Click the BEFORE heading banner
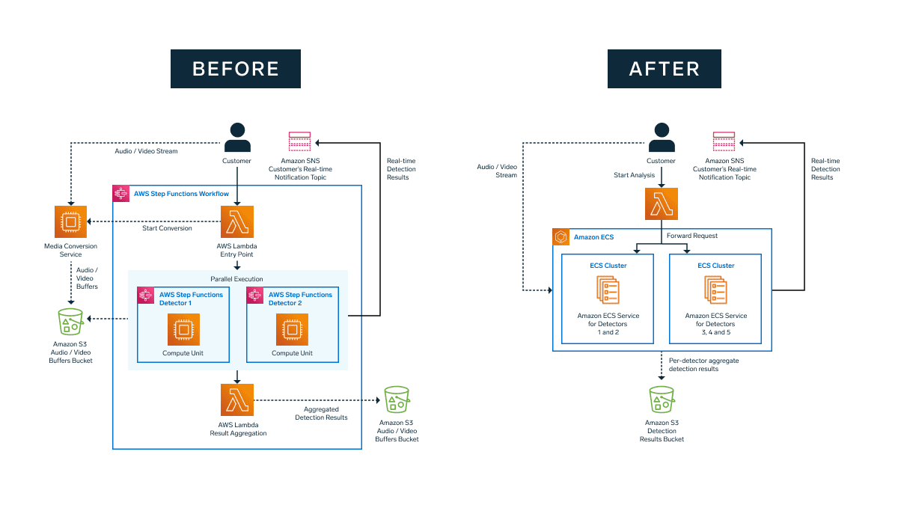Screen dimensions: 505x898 [x=236, y=69]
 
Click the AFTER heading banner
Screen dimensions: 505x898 [x=664, y=69]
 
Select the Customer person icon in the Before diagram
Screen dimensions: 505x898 [x=237, y=138]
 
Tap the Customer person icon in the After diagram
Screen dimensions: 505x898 [x=661, y=138]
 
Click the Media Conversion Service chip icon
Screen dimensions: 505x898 [x=71, y=222]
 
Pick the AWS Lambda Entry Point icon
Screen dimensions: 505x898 [x=237, y=222]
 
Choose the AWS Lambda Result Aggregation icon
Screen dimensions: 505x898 [x=237, y=400]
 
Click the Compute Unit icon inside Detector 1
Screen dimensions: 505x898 [x=183, y=329]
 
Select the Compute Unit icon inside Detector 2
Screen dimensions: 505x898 [x=292, y=329]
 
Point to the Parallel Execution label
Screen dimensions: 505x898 [x=237, y=279]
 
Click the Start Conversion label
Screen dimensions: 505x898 [x=167, y=228]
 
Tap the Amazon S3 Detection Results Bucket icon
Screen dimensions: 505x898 [x=662, y=400]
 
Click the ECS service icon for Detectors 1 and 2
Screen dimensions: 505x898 [x=608, y=290]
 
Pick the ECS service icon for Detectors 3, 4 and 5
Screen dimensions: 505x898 [x=715, y=290]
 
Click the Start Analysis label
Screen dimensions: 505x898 [x=634, y=175]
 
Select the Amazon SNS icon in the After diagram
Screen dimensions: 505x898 [x=724, y=142]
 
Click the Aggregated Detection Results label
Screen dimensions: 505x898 [x=321, y=413]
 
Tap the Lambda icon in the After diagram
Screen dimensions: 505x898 [x=661, y=203]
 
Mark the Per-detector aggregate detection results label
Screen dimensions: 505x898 [x=703, y=364]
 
